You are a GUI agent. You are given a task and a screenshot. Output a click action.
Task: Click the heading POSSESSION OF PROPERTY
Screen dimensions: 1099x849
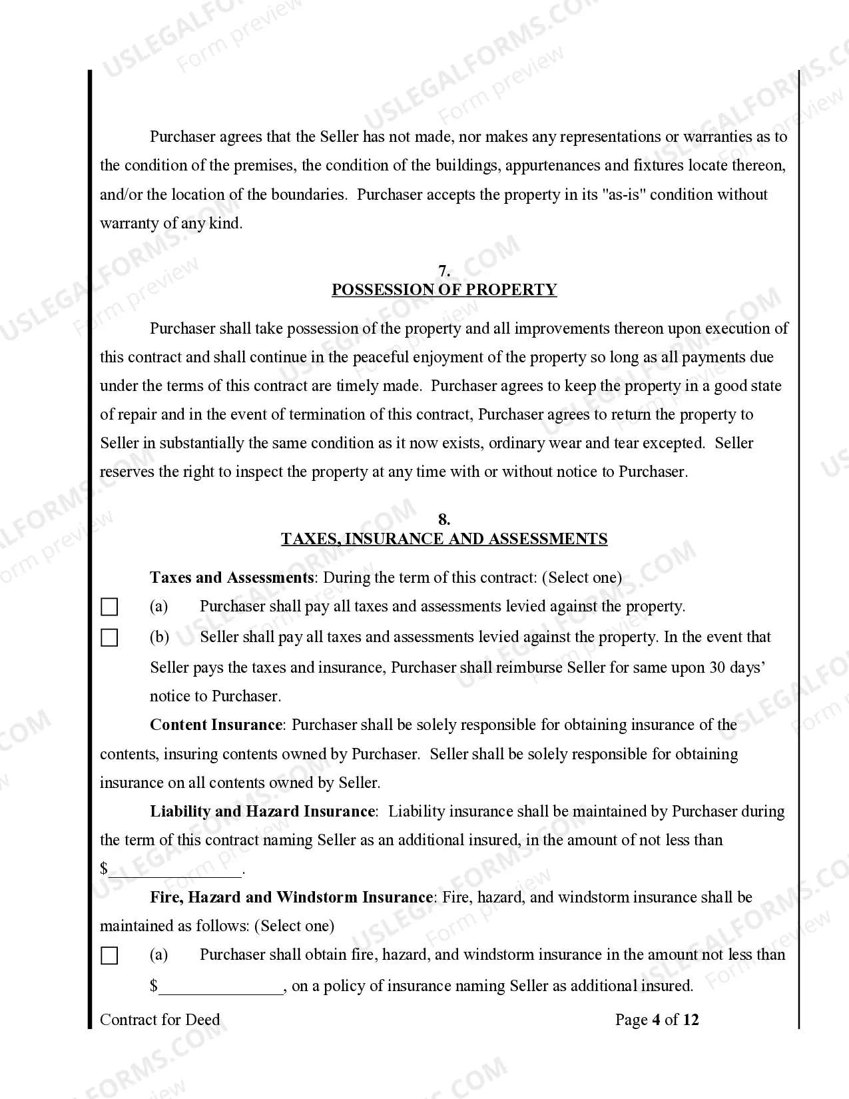pyautogui.click(x=444, y=290)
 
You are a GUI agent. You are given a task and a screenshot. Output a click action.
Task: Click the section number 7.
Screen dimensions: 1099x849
pyautogui.click(x=444, y=271)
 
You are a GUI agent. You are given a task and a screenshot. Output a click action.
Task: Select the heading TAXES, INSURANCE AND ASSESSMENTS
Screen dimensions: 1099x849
pyautogui.click(x=444, y=539)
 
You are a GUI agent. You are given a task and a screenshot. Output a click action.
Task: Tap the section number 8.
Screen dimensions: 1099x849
pyautogui.click(x=444, y=520)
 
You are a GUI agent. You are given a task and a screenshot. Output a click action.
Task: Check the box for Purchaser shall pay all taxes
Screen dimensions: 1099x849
pyautogui.click(x=109, y=607)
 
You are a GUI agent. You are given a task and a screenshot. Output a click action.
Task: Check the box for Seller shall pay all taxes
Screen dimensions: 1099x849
pyautogui.click(x=109, y=637)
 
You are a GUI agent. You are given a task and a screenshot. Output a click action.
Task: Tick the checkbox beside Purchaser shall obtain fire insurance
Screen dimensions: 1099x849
pyautogui.click(x=109, y=956)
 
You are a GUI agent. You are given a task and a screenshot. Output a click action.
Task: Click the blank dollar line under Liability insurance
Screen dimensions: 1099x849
pyautogui.click(x=176, y=869)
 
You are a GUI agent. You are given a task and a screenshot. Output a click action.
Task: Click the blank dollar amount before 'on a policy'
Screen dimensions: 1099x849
pyautogui.click(x=221, y=986)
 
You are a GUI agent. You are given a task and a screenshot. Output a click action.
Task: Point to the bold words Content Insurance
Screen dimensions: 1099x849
pyautogui.click(x=216, y=725)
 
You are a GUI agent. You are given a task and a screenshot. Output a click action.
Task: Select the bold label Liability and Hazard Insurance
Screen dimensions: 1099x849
pyautogui.click(x=262, y=811)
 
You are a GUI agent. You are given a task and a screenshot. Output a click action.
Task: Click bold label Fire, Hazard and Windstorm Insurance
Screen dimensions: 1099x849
pyautogui.click(x=291, y=897)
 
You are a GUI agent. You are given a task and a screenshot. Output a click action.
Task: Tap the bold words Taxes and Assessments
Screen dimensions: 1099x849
pyautogui.click(x=231, y=577)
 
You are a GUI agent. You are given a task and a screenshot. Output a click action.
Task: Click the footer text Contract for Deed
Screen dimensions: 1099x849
pyautogui.click(x=160, y=1020)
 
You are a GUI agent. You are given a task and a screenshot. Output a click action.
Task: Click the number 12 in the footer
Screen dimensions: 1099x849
pyautogui.click(x=691, y=1020)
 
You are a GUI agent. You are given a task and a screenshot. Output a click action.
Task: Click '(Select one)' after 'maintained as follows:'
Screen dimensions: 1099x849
pyautogui.click(x=294, y=926)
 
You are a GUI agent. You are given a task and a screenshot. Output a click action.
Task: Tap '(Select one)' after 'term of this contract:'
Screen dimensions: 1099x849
pyautogui.click(x=581, y=577)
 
